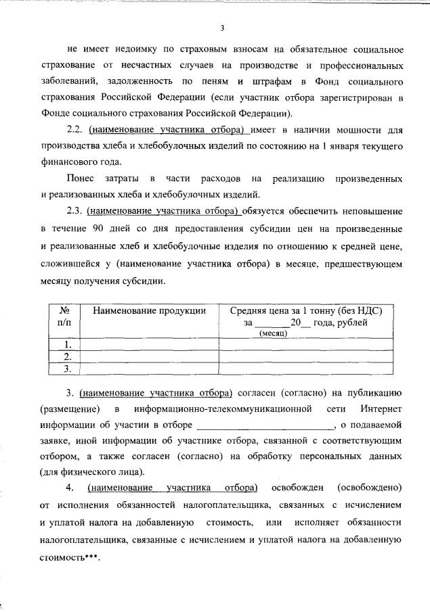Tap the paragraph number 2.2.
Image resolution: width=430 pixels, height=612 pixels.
[x=76, y=130]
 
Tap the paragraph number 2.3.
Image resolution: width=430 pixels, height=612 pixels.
[x=76, y=211]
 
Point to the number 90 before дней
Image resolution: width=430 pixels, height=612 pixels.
[x=99, y=227]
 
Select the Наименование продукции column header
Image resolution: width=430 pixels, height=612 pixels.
[x=149, y=310]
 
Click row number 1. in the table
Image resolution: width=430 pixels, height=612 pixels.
[x=67, y=344]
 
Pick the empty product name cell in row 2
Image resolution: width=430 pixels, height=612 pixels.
[x=149, y=356]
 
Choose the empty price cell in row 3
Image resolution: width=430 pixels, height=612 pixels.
[x=305, y=369]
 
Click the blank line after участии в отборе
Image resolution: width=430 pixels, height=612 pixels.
[x=265, y=425]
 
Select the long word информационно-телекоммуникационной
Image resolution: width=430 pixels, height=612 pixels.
[x=223, y=409]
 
